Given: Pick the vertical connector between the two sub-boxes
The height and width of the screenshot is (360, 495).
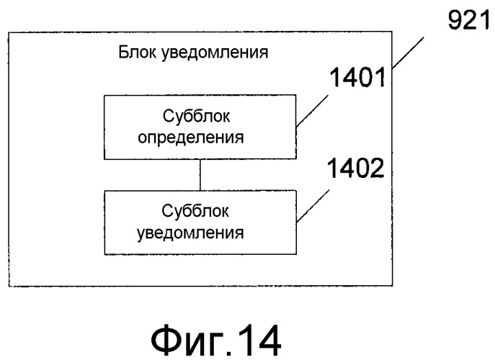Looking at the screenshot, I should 202,175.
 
